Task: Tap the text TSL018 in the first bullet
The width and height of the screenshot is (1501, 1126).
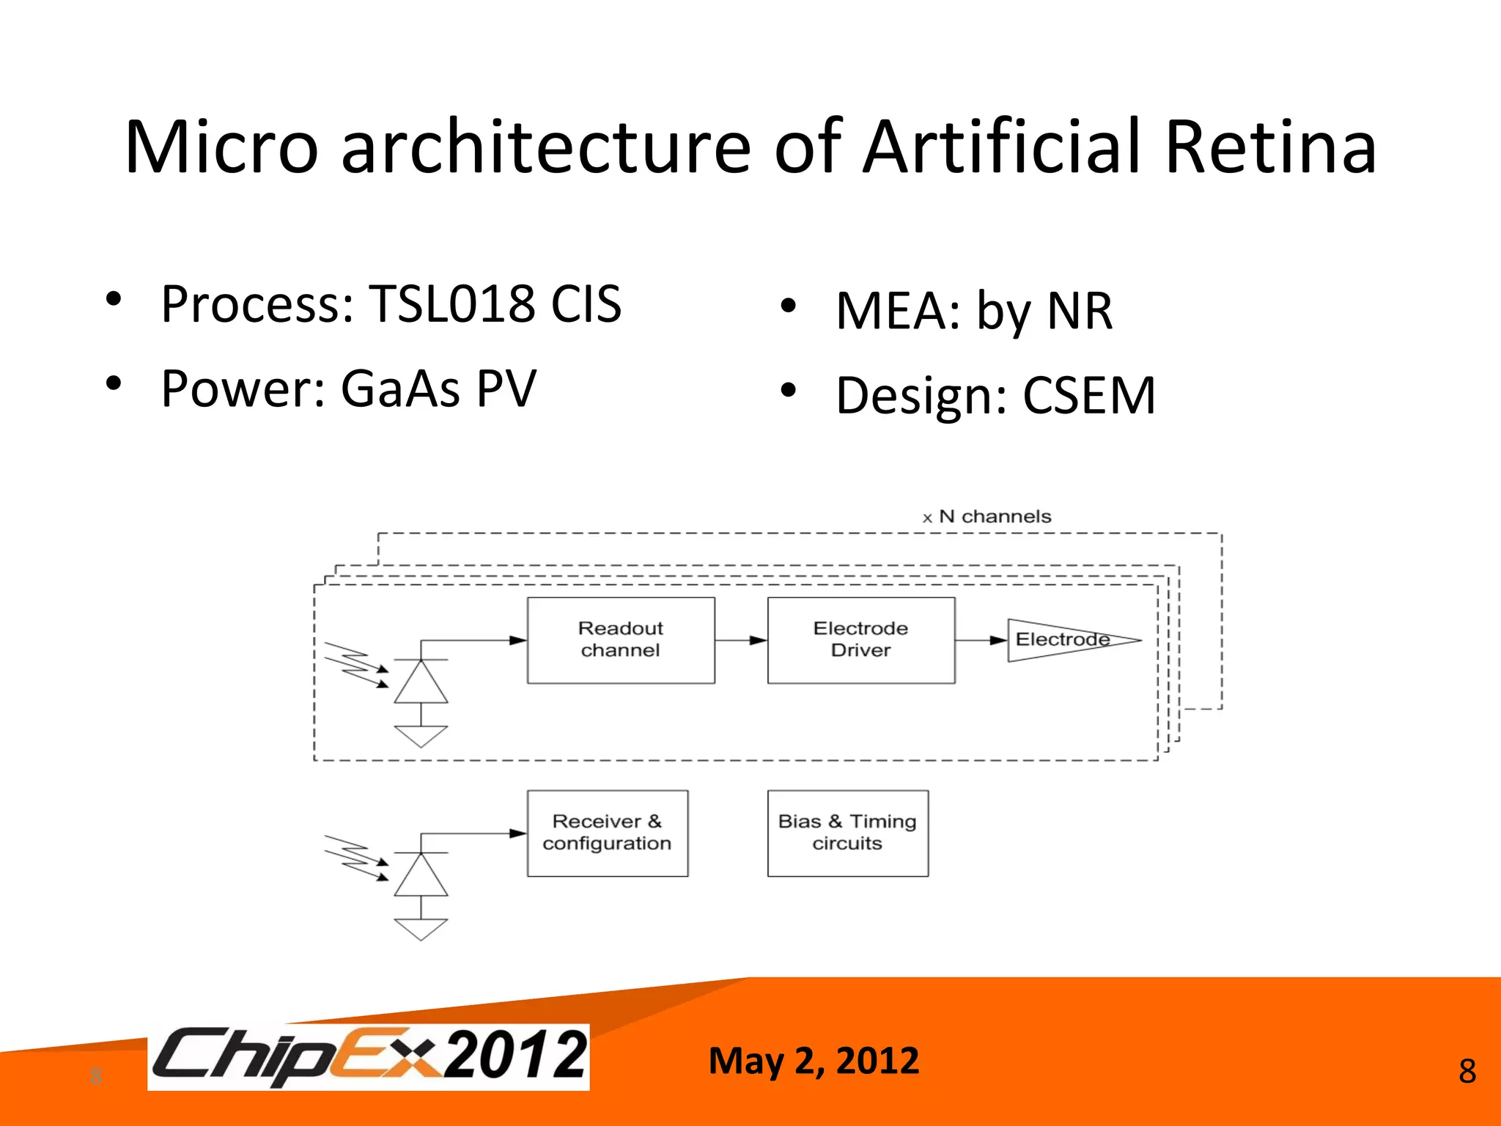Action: click(x=451, y=303)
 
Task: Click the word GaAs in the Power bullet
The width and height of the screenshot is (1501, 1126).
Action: click(x=400, y=389)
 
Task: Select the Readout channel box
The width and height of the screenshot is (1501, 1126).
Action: click(x=621, y=640)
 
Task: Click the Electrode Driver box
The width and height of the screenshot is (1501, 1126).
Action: click(x=860, y=640)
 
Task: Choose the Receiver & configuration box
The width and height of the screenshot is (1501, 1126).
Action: click(x=607, y=833)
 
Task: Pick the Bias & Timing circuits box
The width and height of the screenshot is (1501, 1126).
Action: click(x=847, y=833)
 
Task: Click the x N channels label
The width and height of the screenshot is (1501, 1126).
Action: click(x=986, y=517)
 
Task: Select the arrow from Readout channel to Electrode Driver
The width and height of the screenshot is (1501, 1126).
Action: click(x=741, y=640)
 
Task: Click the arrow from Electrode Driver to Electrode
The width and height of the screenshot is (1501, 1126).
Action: click(x=981, y=640)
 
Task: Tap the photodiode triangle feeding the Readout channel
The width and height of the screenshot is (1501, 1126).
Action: click(x=421, y=684)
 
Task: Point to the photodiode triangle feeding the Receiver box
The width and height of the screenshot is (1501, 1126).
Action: click(x=421, y=877)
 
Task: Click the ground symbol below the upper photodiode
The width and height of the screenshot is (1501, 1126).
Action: click(x=421, y=735)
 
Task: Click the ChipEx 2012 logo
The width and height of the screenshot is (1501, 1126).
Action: click(x=369, y=1056)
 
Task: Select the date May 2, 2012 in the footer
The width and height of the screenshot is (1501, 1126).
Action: click(x=814, y=1061)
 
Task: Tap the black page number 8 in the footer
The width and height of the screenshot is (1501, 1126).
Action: click(x=1467, y=1072)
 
